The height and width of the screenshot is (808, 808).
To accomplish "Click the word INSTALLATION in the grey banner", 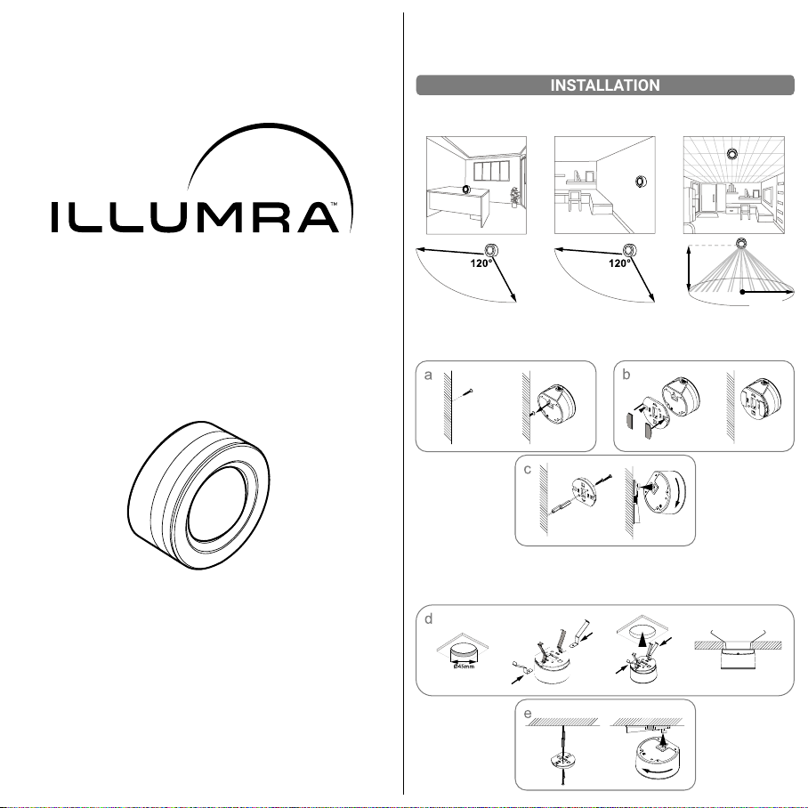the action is click(605, 85).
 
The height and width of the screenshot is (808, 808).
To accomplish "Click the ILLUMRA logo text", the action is click(195, 217).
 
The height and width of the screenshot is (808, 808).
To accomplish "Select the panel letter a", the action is click(428, 376).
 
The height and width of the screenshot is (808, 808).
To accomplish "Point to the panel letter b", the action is click(626, 375).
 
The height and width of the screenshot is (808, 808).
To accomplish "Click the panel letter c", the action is click(527, 470).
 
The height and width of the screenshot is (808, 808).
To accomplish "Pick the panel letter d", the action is click(428, 618).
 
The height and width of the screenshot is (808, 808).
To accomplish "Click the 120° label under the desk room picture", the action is click(481, 263).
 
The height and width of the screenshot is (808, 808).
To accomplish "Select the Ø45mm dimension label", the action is click(464, 667).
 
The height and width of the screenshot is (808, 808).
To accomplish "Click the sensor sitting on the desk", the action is click(466, 190).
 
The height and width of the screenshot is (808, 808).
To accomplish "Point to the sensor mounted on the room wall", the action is click(641, 182).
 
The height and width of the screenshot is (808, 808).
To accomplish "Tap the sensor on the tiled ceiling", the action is click(731, 153).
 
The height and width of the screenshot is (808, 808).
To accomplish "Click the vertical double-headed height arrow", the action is click(689, 269).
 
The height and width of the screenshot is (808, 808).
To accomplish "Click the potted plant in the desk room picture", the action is click(513, 197).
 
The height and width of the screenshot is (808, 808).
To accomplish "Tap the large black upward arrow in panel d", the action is click(642, 639).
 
